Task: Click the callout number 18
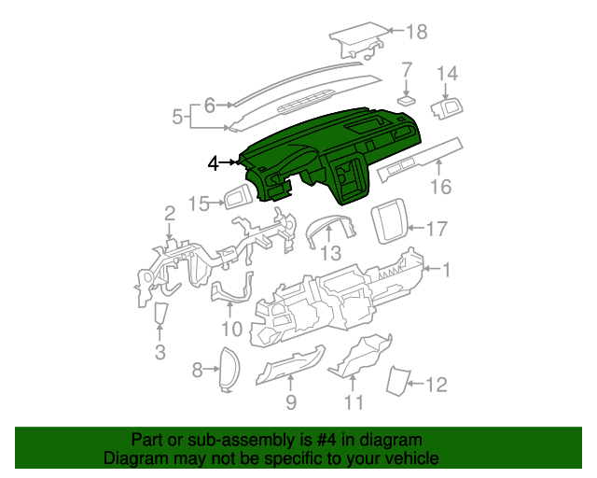point(415,33)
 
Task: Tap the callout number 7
point(407,70)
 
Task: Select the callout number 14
point(448,73)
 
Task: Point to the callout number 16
point(440,187)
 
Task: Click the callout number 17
point(437,228)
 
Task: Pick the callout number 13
point(331,254)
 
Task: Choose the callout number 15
point(199,204)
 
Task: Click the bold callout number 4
point(214,162)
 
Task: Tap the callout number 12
point(437,384)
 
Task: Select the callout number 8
point(197,371)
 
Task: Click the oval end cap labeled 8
point(228,369)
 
